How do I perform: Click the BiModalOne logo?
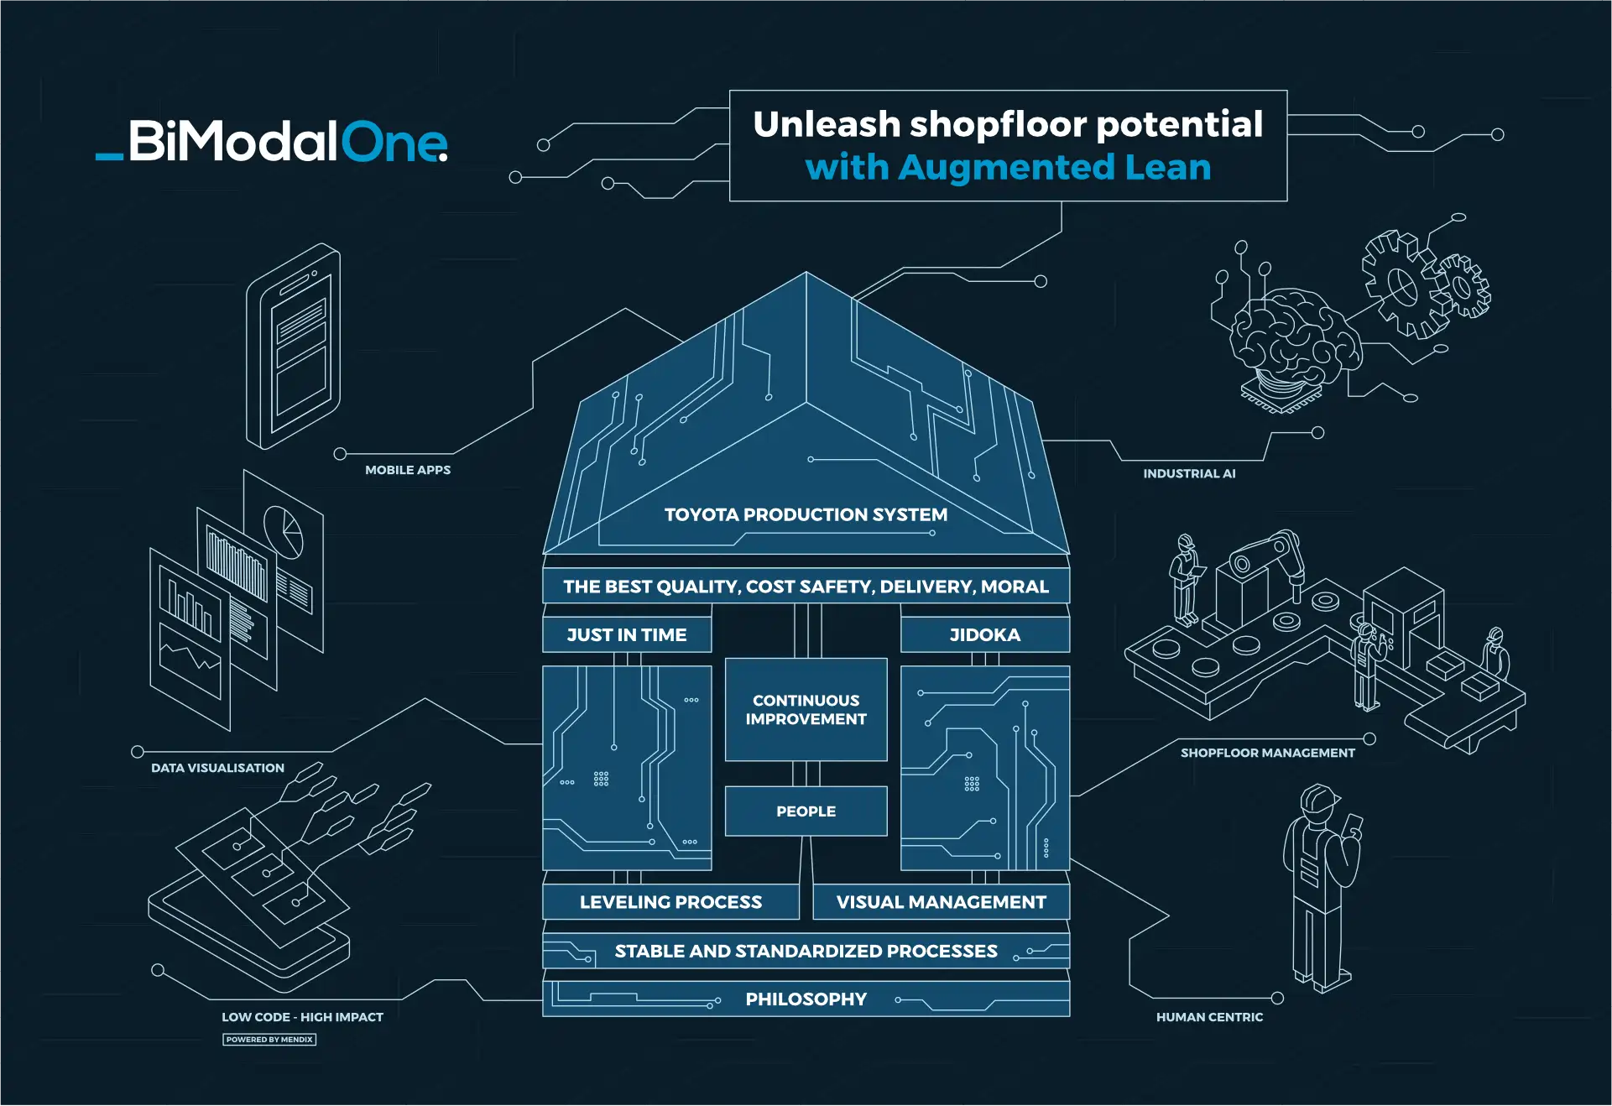pyautogui.click(x=273, y=141)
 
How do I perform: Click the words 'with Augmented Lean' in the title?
pyautogui.click(x=1008, y=167)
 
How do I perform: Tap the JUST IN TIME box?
pyautogui.click(x=627, y=635)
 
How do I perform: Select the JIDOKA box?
pyautogui.click(x=984, y=635)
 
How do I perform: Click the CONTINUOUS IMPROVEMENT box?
pyautogui.click(x=806, y=710)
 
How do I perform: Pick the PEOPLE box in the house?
pyautogui.click(x=806, y=811)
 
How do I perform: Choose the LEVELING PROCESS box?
pyautogui.click(x=670, y=902)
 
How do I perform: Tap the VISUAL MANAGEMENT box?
pyautogui.click(x=941, y=902)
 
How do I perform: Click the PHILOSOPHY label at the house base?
pyautogui.click(x=806, y=999)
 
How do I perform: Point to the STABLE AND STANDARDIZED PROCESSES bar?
pyautogui.click(x=806, y=951)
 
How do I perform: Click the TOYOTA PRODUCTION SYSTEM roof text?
pyautogui.click(x=806, y=514)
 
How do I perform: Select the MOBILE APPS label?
pyautogui.click(x=408, y=470)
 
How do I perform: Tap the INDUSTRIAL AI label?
pyautogui.click(x=1189, y=473)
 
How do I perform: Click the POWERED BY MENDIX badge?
pyautogui.click(x=269, y=1040)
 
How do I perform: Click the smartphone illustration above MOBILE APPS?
pyautogui.click(x=294, y=346)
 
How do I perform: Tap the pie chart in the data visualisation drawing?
pyautogui.click(x=284, y=530)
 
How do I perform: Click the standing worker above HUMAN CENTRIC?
pyautogui.click(x=1320, y=885)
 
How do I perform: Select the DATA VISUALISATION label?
pyautogui.click(x=217, y=768)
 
